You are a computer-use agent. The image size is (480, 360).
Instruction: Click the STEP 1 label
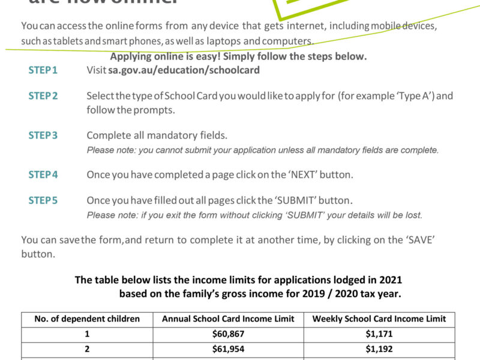coord(43,70)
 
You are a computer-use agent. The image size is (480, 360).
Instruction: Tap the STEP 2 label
coord(43,96)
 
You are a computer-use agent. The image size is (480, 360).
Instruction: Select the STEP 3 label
coord(43,136)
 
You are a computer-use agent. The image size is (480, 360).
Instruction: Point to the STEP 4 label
coord(43,175)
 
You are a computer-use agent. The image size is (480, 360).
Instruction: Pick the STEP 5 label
coord(43,200)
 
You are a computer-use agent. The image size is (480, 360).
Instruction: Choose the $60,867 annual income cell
coord(229,334)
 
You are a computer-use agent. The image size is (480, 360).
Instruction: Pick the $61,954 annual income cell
coord(229,350)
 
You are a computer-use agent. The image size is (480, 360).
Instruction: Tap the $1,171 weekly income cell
coord(379,334)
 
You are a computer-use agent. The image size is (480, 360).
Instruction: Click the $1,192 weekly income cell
coord(379,350)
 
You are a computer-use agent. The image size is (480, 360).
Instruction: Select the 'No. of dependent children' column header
coord(87,319)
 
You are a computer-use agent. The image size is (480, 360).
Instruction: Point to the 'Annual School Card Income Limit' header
coord(229,319)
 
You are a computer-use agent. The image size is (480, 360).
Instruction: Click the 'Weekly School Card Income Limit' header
coord(379,319)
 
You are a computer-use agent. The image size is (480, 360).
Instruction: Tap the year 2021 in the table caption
coord(390,280)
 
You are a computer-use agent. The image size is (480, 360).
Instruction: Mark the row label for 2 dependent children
coord(87,350)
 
